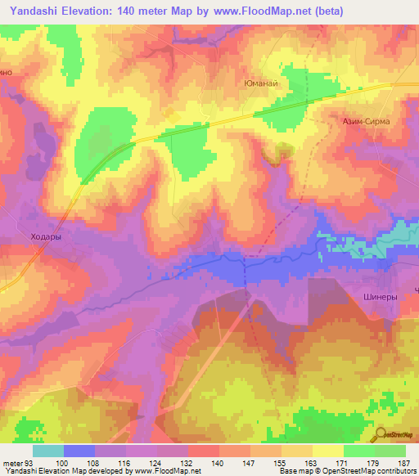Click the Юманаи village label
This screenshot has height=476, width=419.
(x=263, y=83)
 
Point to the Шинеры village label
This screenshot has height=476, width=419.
(x=380, y=298)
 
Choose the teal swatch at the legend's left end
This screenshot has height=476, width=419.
(x=48, y=451)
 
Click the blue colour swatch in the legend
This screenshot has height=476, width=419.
(x=79, y=451)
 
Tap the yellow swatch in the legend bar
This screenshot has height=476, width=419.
(x=327, y=451)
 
